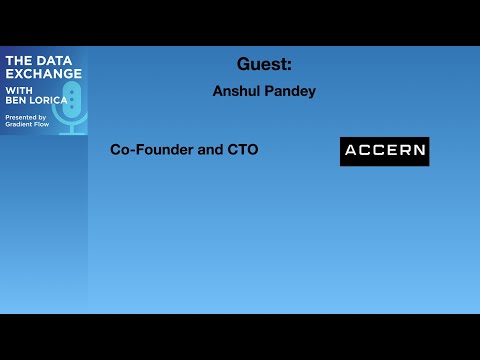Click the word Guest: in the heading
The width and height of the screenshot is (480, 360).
click(264, 65)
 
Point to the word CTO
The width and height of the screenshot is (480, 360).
click(242, 150)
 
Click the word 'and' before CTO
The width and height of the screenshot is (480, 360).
click(210, 150)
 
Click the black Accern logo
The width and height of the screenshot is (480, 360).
click(384, 151)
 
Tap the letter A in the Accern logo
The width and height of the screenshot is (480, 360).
click(351, 151)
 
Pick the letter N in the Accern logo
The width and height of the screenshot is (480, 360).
click(418, 151)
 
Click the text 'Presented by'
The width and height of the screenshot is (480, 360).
click(25, 117)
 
